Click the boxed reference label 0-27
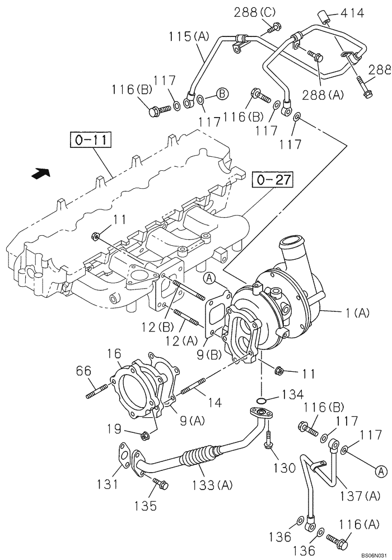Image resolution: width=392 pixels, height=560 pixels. tap(272, 180)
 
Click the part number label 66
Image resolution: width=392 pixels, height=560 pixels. tap(83, 371)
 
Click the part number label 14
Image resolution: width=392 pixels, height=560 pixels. tap(214, 402)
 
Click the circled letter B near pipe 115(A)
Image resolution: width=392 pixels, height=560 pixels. tap(222, 94)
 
